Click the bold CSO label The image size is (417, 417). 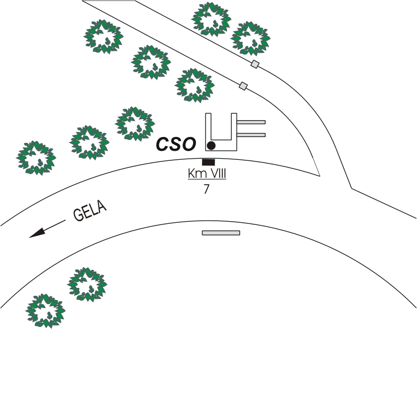pyautogui.click(x=176, y=143)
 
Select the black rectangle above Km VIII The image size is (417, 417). pyautogui.click(x=208, y=162)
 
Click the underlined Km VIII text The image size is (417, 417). pyautogui.click(x=207, y=174)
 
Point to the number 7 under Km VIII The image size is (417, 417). pyautogui.click(x=206, y=189)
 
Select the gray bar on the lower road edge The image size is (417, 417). pyautogui.click(x=221, y=232)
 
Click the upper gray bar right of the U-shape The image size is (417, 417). pyautogui.click(x=251, y=122)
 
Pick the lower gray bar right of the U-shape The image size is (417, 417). pyautogui.click(x=251, y=135)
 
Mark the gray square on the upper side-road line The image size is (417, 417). pyautogui.click(x=255, y=65)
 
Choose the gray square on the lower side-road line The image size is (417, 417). pyautogui.click(x=243, y=86)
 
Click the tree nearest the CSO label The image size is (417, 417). pyautogui.click(x=135, y=123)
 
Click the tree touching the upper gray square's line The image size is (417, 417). pyautogui.click(x=250, y=38)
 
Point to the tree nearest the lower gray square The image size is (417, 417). pyautogui.click(x=195, y=85)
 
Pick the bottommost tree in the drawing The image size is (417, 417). pyautogui.click(x=46, y=311)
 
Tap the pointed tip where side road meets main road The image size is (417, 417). pyautogui.click(x=320, y=176)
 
